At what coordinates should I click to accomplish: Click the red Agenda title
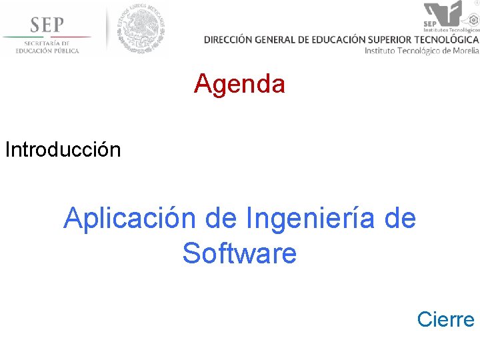point(239,84)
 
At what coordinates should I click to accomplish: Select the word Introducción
point(63,149)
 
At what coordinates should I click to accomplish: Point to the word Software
point(239,253)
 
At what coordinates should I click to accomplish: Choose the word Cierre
point(445,319)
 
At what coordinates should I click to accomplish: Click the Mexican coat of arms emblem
point(141,29)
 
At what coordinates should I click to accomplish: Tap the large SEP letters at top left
point(47,24)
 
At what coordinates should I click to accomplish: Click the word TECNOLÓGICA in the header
point(449,39)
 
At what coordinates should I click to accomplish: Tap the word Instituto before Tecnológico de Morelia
point(382,51)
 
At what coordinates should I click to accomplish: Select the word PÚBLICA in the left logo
point(65,51)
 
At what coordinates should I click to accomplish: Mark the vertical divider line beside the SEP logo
point(107,30)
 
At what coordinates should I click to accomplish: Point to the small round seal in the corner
point(476,3)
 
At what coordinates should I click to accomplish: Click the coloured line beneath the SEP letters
point(47,37)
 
